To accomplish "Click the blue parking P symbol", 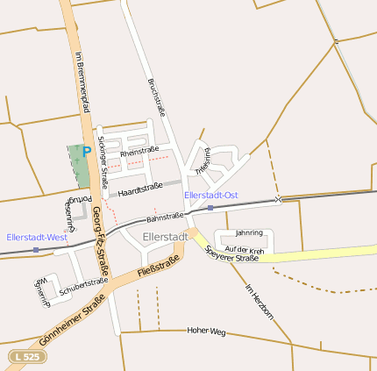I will (87, 152).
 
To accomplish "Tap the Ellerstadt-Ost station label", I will (211, 195).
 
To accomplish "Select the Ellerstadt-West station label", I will (37, 237).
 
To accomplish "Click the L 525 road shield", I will (26, 356).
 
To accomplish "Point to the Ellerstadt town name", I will (165, 237).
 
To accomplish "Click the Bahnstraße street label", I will (165, 216).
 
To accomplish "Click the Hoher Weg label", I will (207, 332).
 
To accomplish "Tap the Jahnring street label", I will (249, 233).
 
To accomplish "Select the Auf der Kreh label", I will (245, 249).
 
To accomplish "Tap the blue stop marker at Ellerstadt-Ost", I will (210, 208).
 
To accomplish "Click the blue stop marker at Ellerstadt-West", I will (35, 250).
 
